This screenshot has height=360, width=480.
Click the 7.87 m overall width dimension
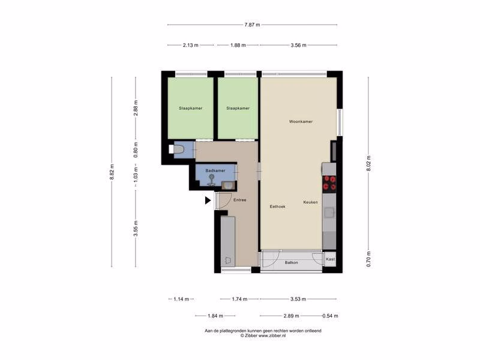[x=252, y=25]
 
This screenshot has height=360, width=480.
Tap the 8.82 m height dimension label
[x=112, y=172]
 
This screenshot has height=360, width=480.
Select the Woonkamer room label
[x=301, y=122]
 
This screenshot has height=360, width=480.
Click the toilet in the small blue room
[x=176, y=149]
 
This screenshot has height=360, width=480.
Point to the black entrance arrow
[x=208, y=200]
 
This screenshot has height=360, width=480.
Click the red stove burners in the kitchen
[x=329, y=184]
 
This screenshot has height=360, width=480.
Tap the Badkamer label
[x=215, y=170]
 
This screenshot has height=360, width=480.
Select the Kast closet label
[x=331, y=259]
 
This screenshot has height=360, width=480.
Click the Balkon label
[x=291, y=262]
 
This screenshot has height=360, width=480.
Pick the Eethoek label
[x=277, y=206]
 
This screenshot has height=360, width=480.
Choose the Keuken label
[x=310, y=202]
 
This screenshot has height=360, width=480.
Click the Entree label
[x=239, y=200]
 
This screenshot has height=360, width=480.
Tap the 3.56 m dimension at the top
[x=298, y=46]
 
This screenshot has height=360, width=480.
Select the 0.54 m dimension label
[x=331, y=316]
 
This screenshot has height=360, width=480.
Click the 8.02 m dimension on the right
[x=368, y=163]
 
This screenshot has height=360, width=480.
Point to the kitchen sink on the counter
[x=329, y=212]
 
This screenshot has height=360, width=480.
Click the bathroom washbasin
[x=228, y=185]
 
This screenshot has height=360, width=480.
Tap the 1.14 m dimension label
[x=181, y=299]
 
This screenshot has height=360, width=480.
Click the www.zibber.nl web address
[x=272, y=335]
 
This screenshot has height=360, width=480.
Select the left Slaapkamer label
[x=190, y=108]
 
